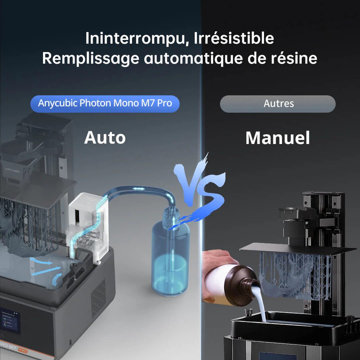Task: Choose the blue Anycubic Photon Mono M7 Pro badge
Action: pos(105,103)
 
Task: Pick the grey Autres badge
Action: pos(278,104)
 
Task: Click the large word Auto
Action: pos(105,137)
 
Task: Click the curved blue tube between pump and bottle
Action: pos(140,191)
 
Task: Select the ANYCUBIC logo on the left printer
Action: pos(13,171)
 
